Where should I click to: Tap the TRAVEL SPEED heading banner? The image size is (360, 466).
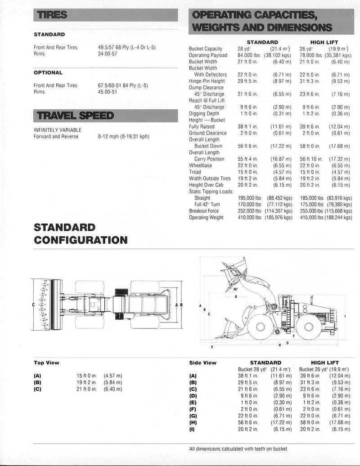tap(75, 116)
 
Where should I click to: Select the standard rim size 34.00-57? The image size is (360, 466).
tap(108, 54)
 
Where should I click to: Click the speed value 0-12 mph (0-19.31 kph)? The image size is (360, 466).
tap(123, 137)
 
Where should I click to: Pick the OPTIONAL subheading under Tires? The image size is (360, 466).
tap(48, 72)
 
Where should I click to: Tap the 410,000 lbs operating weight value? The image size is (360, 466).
tap(249, 217)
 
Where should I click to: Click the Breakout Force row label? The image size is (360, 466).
tap(204, 211)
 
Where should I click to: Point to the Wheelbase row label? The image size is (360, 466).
tap(200, 166)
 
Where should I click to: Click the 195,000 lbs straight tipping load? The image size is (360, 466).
tap(249, 198)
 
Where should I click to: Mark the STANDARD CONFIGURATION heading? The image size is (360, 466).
tap(81, 233)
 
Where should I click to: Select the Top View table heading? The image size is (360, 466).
tap(46, 363)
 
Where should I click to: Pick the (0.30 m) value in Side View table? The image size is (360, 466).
tap(282, 403)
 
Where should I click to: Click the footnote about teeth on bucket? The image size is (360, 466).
tap(238, 449)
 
